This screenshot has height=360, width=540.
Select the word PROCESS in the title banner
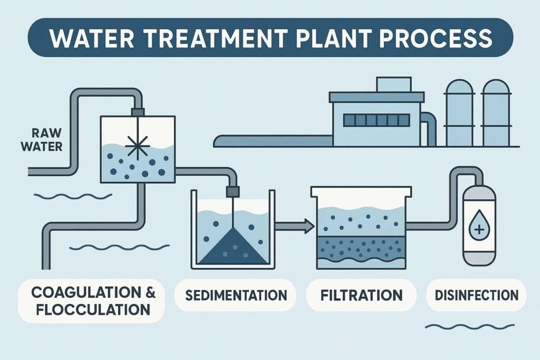click(x=436, y=37)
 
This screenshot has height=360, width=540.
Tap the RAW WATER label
click(x=42, y=139)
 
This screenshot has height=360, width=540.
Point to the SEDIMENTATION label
click(x=236, y=295)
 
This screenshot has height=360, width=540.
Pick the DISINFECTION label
click(x=476, y=295)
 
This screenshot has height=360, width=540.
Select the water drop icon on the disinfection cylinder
click(x=478, y=229)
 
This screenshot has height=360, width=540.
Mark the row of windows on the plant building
click(x=377, y=120)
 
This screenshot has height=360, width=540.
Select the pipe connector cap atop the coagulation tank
click(x=138, y=112)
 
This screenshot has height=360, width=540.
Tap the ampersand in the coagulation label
click(x=137, y=291)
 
